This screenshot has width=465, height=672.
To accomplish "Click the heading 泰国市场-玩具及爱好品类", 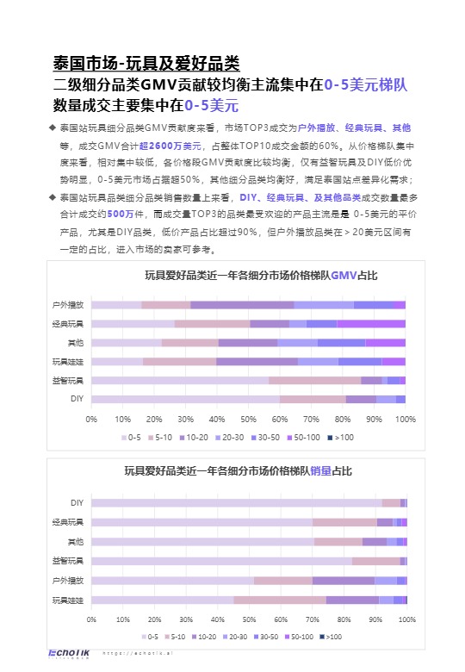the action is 146,64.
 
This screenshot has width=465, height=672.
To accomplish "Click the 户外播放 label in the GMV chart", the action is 68,305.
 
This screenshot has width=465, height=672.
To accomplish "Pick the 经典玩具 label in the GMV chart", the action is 68,324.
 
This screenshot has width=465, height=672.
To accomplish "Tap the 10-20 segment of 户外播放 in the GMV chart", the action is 242,305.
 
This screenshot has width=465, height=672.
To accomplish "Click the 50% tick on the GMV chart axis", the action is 248,420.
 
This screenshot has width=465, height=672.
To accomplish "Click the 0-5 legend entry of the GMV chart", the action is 129,438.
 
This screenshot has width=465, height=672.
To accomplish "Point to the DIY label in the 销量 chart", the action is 77,502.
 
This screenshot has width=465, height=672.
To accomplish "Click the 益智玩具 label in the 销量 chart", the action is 68,561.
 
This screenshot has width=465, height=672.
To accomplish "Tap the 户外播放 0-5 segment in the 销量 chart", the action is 172,581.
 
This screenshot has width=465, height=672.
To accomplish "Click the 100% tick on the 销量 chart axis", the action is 407,619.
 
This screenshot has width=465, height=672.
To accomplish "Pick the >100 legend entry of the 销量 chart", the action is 331,637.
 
